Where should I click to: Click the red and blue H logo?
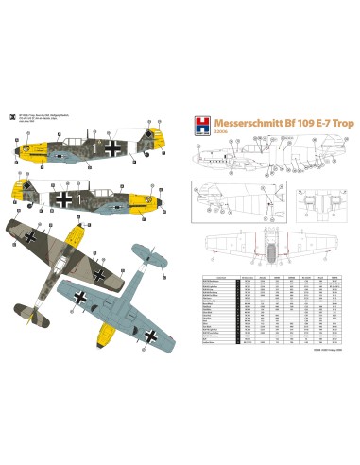(193, 124)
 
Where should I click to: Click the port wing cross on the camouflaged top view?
(36, 235)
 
